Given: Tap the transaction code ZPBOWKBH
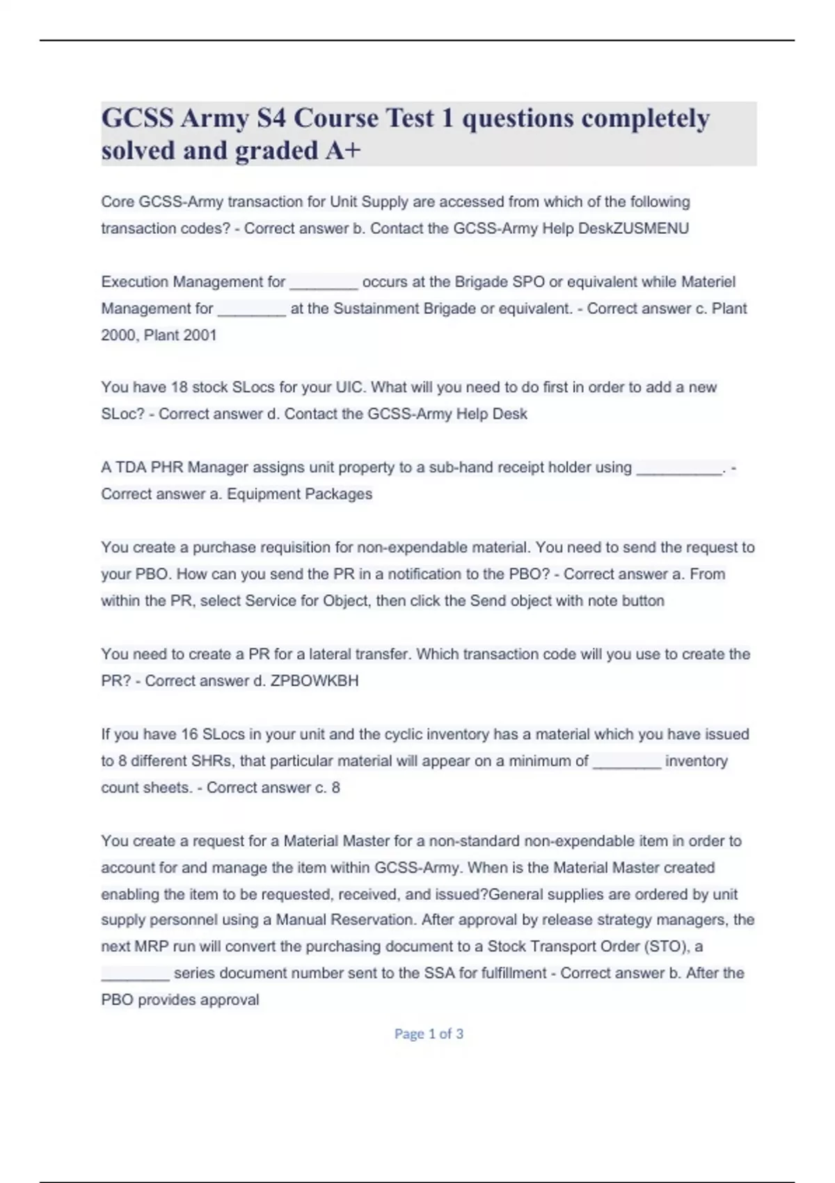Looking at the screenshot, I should [314, 681].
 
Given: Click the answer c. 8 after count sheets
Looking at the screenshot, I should [327, 788].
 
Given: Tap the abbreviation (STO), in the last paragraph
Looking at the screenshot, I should [667, 946].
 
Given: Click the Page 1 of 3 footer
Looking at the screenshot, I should [429, 1034].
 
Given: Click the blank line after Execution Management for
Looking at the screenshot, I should [324, 283].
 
